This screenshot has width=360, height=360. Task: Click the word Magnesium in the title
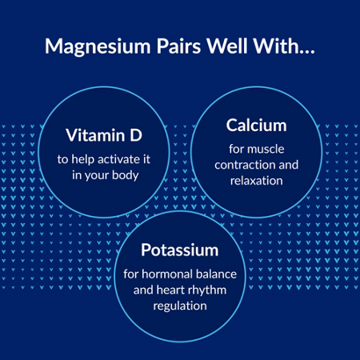(98, 47)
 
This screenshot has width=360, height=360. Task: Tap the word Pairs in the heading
(178, 46)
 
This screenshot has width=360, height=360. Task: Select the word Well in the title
(227, 46)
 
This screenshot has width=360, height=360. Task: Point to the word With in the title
(274, 46)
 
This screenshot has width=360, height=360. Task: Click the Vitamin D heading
(104, 135)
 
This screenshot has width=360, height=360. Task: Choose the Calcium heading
(257, 125)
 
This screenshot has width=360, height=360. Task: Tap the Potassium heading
(180, 250)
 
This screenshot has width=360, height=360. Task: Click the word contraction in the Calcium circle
(245, 166)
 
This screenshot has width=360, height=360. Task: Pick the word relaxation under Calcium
(257, 181)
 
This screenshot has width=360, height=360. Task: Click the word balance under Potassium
(216, 274)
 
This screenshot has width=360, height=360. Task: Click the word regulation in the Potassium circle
(180, 306)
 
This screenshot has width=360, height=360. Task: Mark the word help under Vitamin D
(82, 160)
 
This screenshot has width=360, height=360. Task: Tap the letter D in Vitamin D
(136, 135)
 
